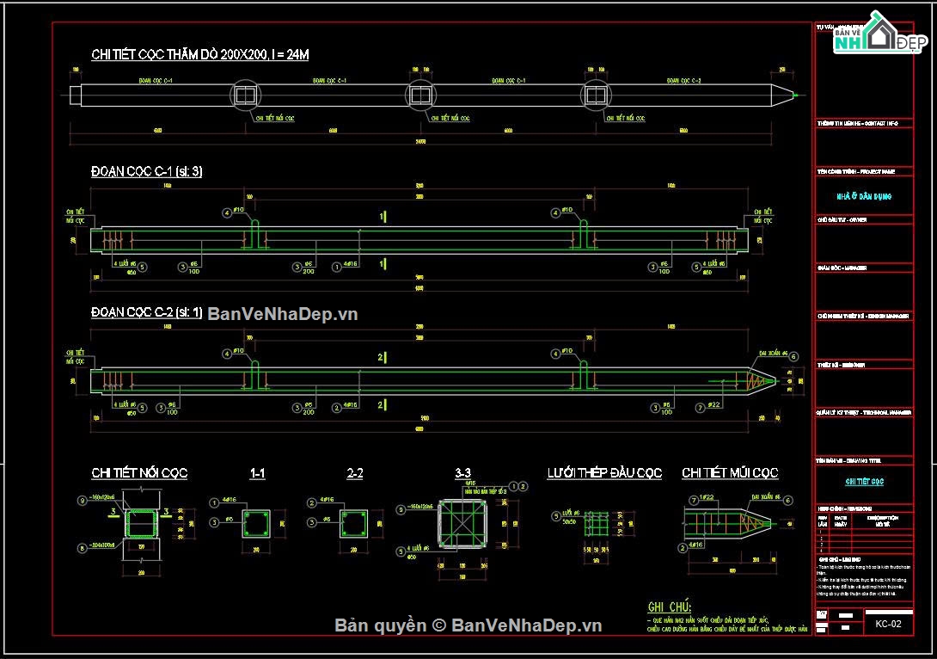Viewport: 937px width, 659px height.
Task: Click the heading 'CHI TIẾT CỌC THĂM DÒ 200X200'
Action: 199,55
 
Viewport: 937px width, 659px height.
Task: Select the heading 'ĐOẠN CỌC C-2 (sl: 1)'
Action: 146,312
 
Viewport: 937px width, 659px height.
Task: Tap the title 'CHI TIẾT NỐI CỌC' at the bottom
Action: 139,473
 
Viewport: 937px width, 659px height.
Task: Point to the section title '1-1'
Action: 257,473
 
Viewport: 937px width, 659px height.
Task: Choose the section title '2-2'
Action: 354,473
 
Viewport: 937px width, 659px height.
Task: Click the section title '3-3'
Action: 462,473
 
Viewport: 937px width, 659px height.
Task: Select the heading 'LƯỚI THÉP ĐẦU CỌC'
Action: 604,473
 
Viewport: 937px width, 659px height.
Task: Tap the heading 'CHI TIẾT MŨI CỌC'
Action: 730,473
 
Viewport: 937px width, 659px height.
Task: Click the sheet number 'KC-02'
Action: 888,624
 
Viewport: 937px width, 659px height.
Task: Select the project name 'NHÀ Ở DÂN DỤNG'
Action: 864,197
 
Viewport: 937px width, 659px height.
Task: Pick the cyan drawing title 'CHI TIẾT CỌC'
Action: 864,482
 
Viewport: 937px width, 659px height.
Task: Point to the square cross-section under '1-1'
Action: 257,523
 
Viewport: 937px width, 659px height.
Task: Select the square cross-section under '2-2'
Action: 354,523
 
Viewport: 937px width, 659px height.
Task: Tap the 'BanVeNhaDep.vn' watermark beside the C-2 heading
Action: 282,314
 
